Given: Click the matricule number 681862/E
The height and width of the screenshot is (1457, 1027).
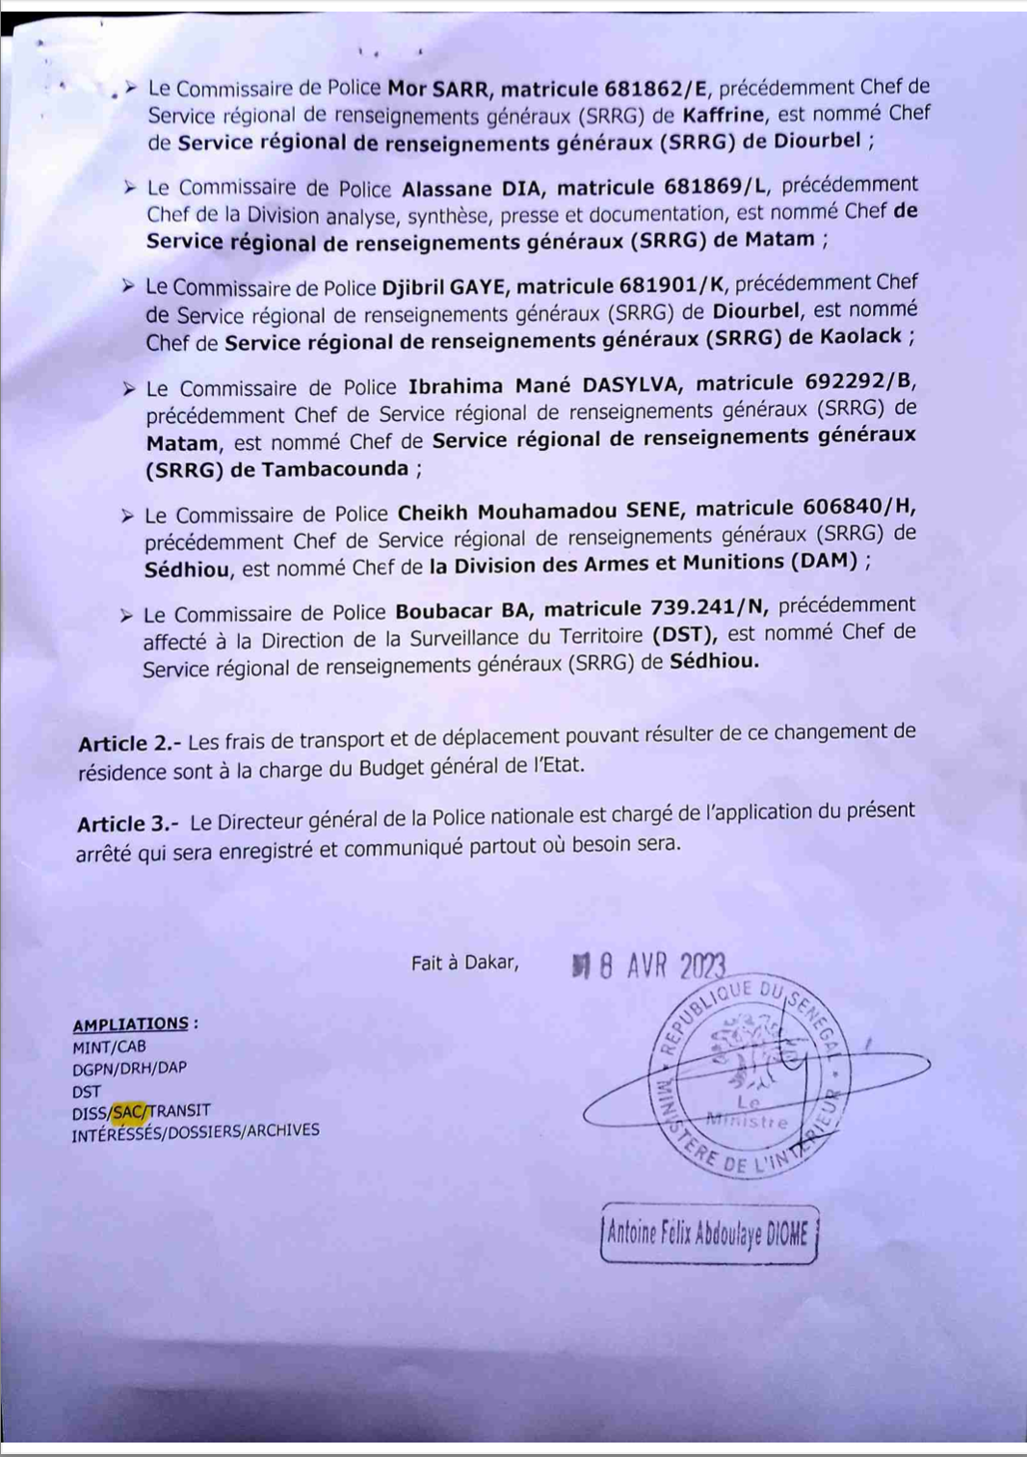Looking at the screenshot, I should pos(652,89).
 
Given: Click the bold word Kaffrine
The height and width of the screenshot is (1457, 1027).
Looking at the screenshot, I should pos(724,115).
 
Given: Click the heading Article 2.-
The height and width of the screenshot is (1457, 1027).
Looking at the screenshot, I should pos(129,744).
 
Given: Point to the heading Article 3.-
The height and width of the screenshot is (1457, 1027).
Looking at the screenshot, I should pos(128,824).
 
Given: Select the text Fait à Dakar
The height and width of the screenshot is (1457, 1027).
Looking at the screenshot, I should pos(464,963).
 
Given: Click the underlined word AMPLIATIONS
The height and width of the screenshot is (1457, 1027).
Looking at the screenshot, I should pos(131,1024).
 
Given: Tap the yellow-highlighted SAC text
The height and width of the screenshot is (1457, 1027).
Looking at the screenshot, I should pos(130,1112).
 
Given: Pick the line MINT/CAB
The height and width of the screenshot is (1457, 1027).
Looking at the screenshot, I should pos(109,1046).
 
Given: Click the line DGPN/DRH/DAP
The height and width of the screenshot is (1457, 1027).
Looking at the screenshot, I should pos(129,1069).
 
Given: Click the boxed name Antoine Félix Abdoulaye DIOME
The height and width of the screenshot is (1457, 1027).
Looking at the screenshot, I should pos(708,1234).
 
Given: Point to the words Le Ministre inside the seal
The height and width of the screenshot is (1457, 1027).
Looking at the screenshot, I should pos(749,1112).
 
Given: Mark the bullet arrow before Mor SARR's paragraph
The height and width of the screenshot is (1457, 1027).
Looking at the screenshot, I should pos(130,89).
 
